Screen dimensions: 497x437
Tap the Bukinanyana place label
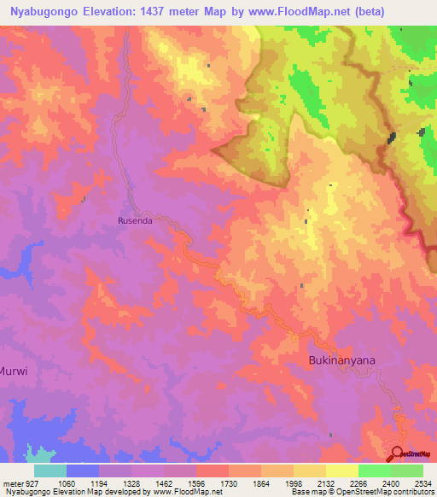point(341,360)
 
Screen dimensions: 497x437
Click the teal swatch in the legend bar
point(50,471)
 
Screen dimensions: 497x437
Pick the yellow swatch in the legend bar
point(341,471)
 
